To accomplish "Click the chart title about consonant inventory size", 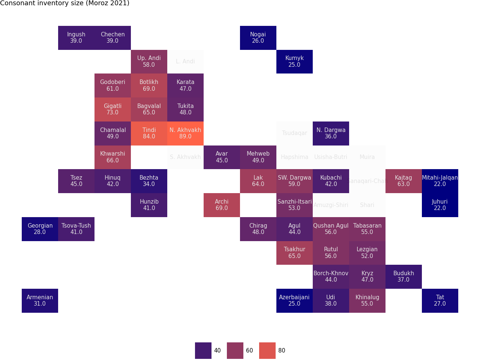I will tap(64, 3).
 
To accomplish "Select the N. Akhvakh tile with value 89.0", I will tap(185, 133).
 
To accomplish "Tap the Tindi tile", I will tap(149, 133).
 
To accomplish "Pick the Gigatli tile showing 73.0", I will tap(112, 109).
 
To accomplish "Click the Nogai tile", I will tap(258, 37).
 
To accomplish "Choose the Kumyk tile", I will tap(294, 61).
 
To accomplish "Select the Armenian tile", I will tap(40, 300).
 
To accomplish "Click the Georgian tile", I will tap(40, 229).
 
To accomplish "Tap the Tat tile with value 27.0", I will tap(440, 300).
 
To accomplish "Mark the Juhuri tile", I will tap(440, 205).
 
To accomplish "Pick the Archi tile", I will tap(222, 205).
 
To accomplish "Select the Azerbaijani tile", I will tap(294, 300).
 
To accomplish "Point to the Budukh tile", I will tap(403, 276).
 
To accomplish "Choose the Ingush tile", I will tap(76, 37).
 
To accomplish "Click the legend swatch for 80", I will tap(267, 351).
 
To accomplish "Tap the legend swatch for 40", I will tap(203, 351).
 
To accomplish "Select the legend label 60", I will tap(249, 351).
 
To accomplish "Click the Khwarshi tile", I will tap(112, 157).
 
